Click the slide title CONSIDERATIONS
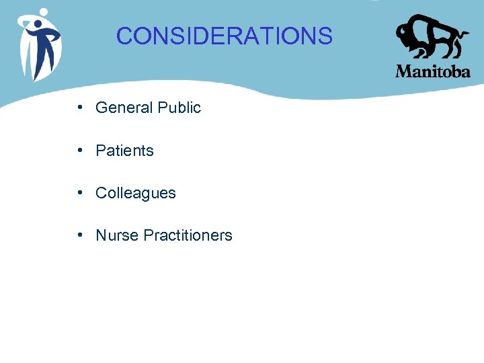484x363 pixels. coord(224,36)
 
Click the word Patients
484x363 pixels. coord(124,151)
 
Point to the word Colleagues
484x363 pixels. coord(135,194)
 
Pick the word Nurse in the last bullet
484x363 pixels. coord(116,235)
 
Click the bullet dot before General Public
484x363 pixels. coord(80,108)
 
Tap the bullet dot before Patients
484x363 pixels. coord(80,151)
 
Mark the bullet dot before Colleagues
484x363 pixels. coord(80,193)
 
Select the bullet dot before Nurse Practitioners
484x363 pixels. coord(80,235)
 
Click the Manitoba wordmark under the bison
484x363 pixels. coord(433,71)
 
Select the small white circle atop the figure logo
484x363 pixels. coord(44,11)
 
